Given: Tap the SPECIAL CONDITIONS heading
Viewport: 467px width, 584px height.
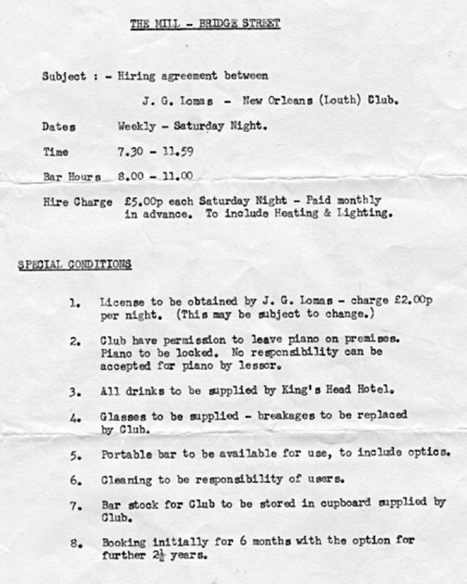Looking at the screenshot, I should tap(75, 264).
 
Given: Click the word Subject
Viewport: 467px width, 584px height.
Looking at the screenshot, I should tap(64, 76).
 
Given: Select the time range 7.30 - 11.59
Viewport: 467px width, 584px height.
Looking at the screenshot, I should tap(156, 152).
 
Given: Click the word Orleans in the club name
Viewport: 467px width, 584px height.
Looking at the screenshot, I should tap(290, 101).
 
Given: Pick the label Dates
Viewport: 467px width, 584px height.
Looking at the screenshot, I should tap(59, 127).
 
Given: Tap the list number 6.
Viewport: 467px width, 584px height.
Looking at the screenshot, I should tap(76, 481).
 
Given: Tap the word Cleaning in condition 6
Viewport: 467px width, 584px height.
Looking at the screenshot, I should tap(127, 480).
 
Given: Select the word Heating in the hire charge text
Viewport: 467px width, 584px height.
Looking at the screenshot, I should tap(296, 214).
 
